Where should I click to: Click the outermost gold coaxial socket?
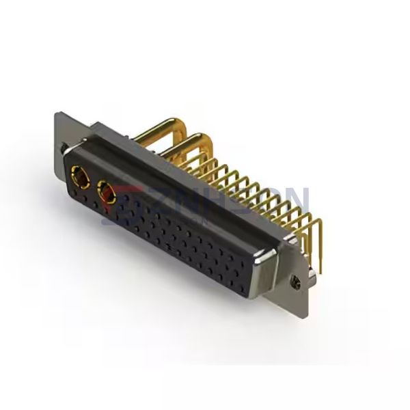point(79,178)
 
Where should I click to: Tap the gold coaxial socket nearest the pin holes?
point(107,194)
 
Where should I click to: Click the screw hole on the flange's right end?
point(295,281)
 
